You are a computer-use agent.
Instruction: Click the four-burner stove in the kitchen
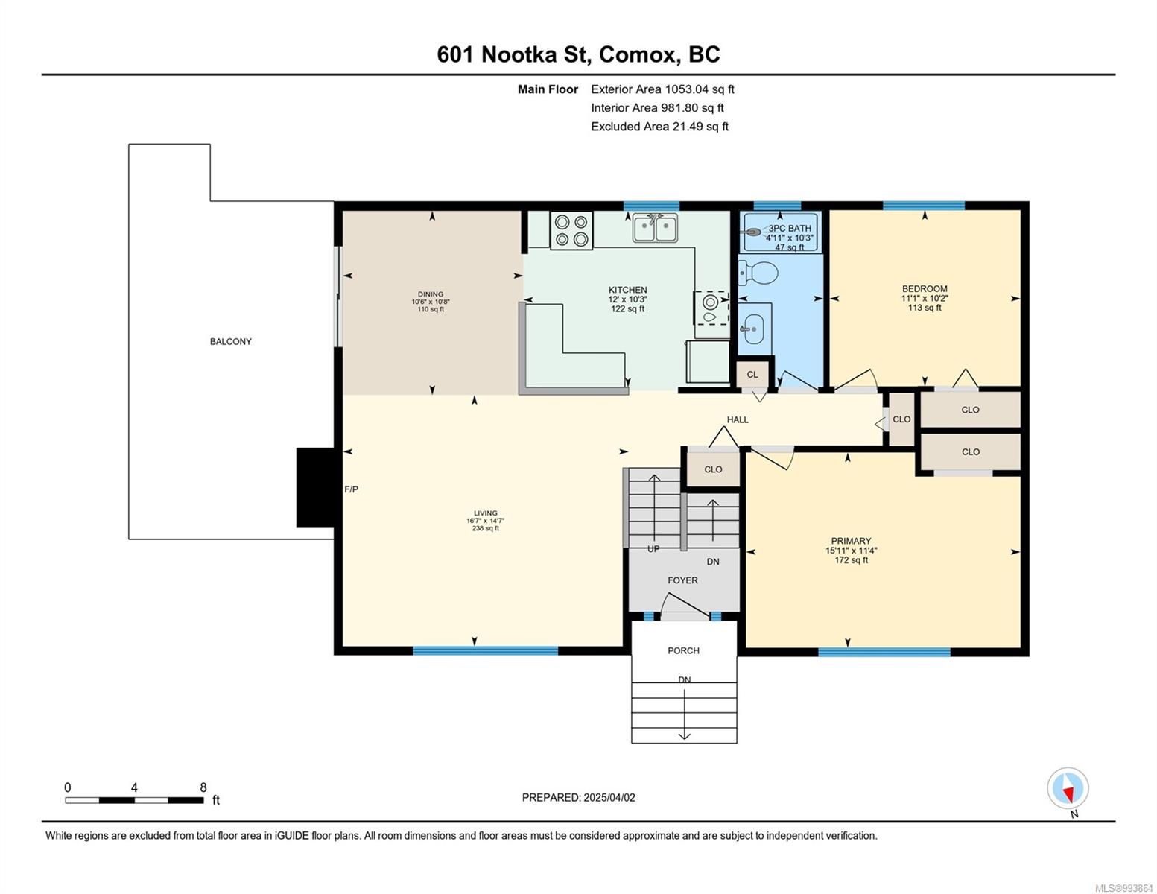[571, 230]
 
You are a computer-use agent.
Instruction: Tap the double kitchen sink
[654, 227]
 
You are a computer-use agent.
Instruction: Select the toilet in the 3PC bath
[758, 273]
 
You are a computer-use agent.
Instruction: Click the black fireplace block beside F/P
[315, 487]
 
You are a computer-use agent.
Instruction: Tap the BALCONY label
[230, 341]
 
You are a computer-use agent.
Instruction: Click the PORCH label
[683, 650]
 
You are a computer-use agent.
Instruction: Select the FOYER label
[682, 580]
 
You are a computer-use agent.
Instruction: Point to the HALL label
[738, 419]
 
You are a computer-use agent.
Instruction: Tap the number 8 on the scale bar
[203, 787]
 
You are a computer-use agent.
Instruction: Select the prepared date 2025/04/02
[609, 797]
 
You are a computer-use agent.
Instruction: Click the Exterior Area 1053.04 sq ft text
[662, 89]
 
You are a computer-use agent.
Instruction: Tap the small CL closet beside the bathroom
[752, 374]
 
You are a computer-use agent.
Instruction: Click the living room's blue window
[485, 650]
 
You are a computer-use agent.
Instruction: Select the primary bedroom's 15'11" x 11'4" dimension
[851, 551]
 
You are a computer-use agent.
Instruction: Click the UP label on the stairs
[653, 548]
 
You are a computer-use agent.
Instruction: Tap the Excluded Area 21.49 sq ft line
[659, 127]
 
